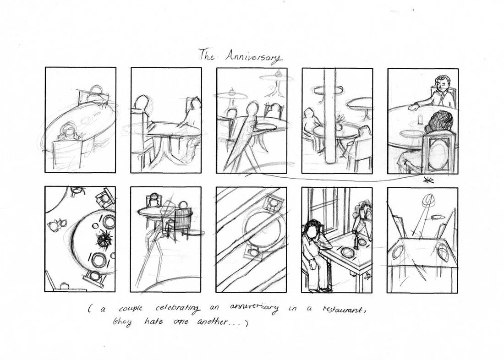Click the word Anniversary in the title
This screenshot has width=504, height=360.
click(253, 57)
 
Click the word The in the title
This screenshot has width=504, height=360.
click(206, 55)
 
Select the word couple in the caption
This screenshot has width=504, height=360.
click(131, 309)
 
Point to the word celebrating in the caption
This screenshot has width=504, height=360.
click(177, 309)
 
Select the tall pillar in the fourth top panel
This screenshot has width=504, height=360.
click(331, 116)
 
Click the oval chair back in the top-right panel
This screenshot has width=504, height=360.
click(438, 153)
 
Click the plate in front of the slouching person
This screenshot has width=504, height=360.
click(346, 251)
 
